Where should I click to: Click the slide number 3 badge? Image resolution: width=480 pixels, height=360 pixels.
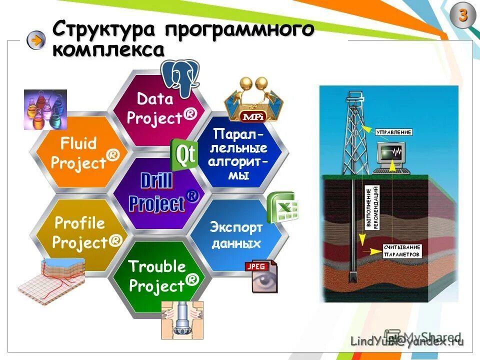[x=463, y=16]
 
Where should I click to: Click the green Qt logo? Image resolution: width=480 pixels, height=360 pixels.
[x=184, y=154]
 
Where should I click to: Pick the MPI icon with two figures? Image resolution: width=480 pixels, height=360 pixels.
[x=253, y=99]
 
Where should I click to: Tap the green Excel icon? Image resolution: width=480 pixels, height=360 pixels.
[x=282, y=207]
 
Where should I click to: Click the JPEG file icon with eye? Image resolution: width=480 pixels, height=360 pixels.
[x=261, y=275]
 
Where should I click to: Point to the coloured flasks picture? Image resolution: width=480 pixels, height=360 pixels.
[x=45, y=109]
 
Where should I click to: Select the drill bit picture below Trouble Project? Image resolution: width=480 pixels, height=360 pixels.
[x=182, y=320]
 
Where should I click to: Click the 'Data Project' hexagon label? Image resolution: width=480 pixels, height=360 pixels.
[x=160, y=108]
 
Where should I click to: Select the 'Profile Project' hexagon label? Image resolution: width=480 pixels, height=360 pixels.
[x=85, y=232]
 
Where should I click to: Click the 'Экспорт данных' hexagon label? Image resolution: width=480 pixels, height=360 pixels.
[x=236, y=235]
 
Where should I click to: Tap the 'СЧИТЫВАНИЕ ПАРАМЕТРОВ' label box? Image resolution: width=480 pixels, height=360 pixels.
[x=402, y=250]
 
